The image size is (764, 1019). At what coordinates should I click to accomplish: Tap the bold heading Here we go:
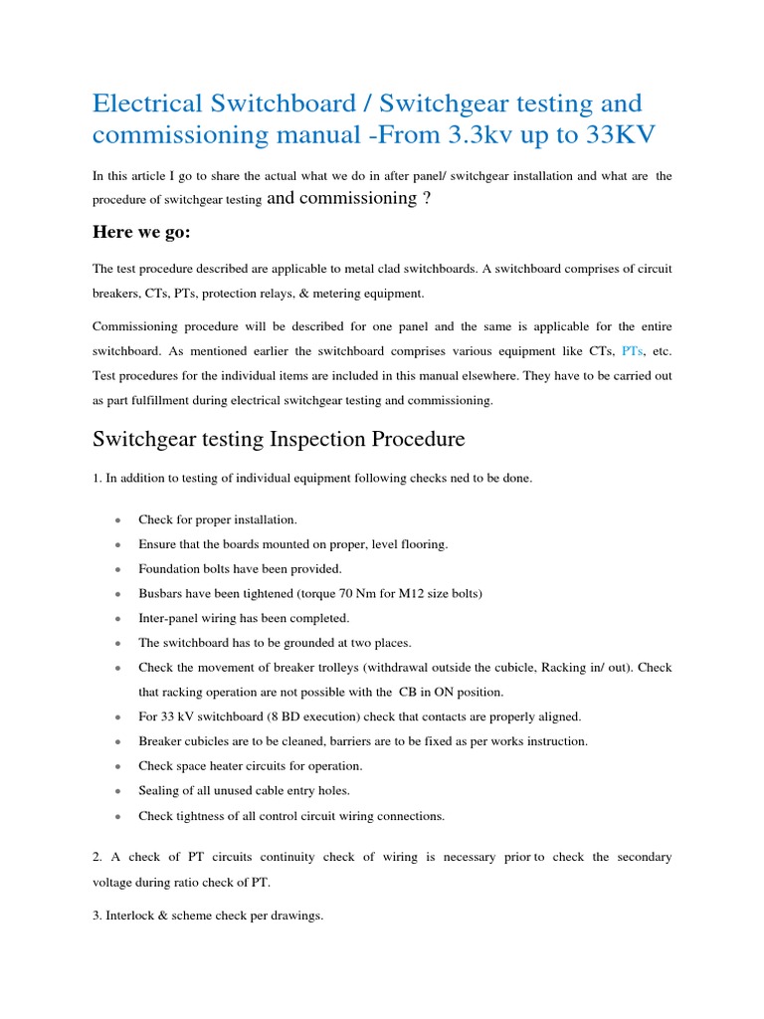[146, 232]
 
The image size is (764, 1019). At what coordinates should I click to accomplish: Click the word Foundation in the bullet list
[171, 568]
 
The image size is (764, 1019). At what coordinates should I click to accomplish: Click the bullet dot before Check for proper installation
[118, 520]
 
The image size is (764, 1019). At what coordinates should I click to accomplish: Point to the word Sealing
[161, 791]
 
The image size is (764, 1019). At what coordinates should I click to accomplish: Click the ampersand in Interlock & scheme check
[164, 916]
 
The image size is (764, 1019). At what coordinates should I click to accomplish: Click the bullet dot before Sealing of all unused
[118, 792]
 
